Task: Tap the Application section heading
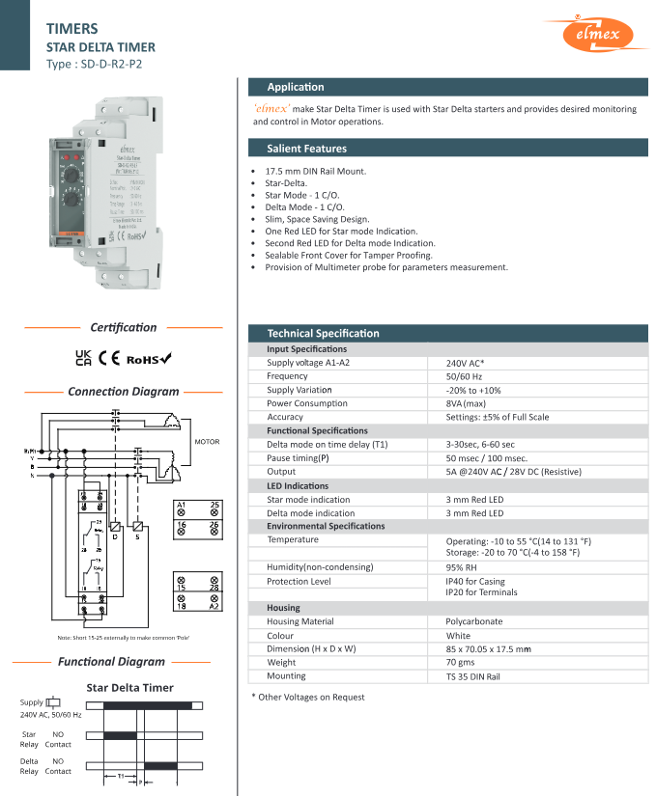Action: tap(296, 87)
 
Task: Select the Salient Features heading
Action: tap(307, 149)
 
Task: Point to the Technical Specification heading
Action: tap(324, 333)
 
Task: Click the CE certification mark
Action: tap(109, 358)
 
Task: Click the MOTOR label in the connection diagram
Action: tap(207, 442)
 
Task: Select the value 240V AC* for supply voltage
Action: tap(465, 363)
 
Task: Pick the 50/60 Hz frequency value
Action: tap(464, 376)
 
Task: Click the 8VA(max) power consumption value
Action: tap(466, 403)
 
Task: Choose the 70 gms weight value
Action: tap(461, 663)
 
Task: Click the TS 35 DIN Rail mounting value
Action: tap(472, 676)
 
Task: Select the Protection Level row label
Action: tap(299, 581)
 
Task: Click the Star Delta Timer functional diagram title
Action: tap(130, 688)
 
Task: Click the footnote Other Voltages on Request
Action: tap(308, 697)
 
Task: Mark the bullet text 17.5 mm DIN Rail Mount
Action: tap(315, 171)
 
